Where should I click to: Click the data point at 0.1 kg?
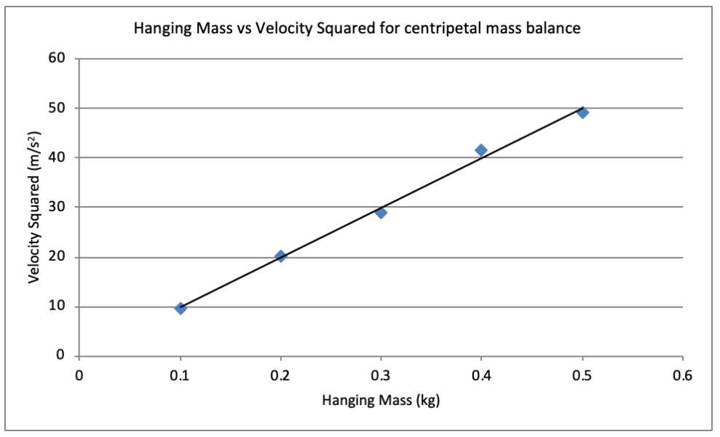pyautogui.click(x=181, y=308)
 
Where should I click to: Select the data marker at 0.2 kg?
pyautogui.click(x=280, y=256)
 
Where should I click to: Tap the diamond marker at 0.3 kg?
pyautogui.click(x=381, y=213)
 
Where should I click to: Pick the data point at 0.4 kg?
pyautogui.click(x=481, y=150)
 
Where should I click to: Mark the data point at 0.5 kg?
pyautogui.click(x=582, y=112)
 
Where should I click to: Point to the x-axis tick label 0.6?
pyautogui.click(x=683, y=377)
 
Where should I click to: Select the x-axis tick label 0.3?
pyautogui.click(x=381, y=377)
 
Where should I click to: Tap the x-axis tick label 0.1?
pyautogui.click(x=180, y=377)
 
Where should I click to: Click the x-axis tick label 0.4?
pyautogui.click(x=481, y=377)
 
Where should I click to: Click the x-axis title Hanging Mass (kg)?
pyautogui.click(x=380, y=400)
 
